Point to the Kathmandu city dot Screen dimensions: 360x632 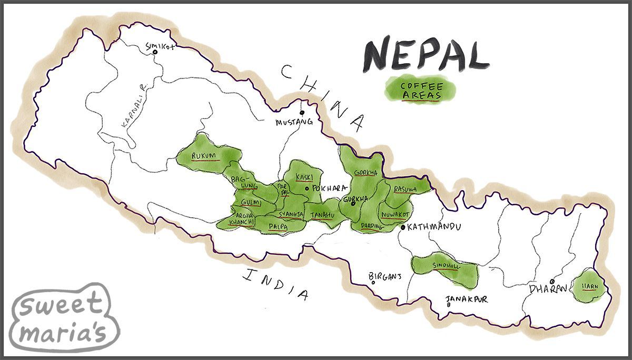pyautogui.click(x=403, y=227)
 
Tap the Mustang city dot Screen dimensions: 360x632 pyautogui.click(x=302, y=112)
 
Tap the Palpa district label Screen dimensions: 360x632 pyautogui.click(x=278, y=226)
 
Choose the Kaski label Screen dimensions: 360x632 pyautogui.click(x=304, y=177)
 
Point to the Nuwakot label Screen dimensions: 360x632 pyautogui.click(x=395, y=215)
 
